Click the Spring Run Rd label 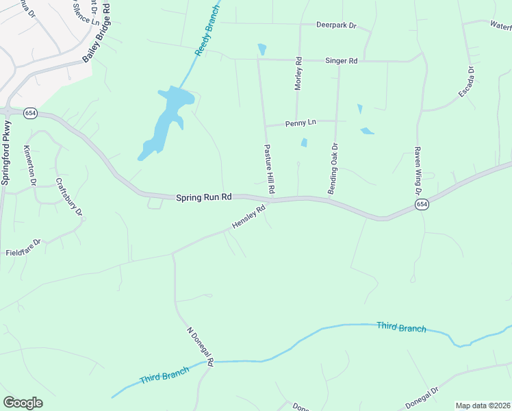pos(204,197)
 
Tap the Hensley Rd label pos(248,219)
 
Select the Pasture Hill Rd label pos(269,168)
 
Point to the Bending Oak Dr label pos(333,169)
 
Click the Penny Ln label pos(302,123)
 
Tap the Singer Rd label pos(343,61)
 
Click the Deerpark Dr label pos(336,25)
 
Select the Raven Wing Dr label pos(417,171)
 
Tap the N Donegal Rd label pos(201,345)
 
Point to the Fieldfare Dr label pos(23,242)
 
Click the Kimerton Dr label pos(30,165)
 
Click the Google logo pos(23,402)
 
